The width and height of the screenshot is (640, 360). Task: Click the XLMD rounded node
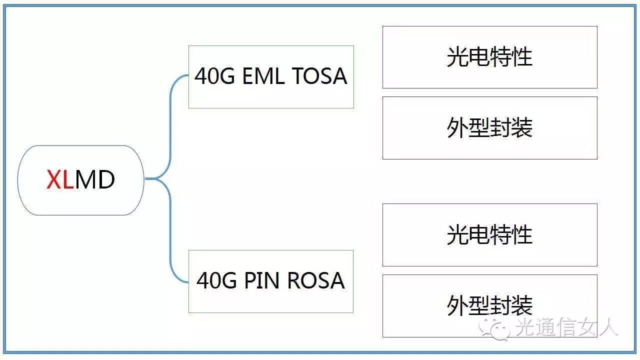tap(81, 180)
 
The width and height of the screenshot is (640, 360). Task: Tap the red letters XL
tap(59, 180)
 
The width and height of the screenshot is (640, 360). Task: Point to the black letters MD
tap(95, 180)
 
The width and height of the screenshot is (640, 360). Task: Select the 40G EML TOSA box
tap(271, 77)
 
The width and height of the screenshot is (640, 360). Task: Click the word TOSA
tap(319, 76)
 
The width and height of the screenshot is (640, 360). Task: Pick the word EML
tap(263, 76)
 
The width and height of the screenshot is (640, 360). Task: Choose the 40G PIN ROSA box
tap(270, 281)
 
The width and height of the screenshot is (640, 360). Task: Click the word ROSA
tap(316, 281)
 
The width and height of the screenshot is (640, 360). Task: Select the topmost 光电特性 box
tap(489, 57)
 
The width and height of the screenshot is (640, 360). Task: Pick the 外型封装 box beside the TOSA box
tap(489, 128)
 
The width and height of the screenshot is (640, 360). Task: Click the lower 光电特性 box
tap(489, 234)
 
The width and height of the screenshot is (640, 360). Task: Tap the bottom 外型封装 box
tap(489, 305)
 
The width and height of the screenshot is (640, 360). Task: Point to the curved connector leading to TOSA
tap(171, 115)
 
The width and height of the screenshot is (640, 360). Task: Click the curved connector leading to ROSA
tap(171, 240)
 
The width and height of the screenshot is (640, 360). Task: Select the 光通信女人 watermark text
tap(567, 327)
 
